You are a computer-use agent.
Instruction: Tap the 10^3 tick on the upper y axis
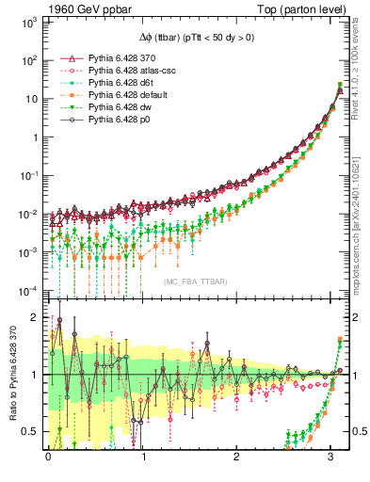(x=28, y=20)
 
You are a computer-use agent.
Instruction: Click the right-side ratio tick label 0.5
(x=356, y=431)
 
